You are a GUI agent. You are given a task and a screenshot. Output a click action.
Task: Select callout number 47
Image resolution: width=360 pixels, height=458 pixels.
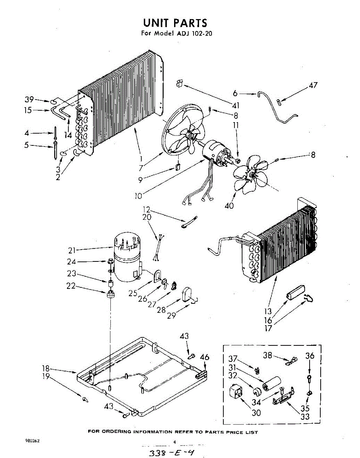click(313, 86)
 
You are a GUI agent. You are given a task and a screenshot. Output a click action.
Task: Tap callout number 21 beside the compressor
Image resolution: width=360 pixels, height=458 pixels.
click(73, 250)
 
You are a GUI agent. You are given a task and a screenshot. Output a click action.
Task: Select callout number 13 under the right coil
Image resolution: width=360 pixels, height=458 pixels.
click(268, 312)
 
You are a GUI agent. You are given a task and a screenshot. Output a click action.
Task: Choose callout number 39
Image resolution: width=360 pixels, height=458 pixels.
click(29, 100)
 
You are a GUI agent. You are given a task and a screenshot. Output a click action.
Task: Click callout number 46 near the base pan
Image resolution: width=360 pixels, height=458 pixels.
click(205, 357)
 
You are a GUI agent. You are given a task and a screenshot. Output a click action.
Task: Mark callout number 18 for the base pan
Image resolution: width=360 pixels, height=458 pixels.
click(46, 368)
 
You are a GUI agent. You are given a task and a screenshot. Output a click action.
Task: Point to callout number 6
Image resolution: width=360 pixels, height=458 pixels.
click(235, 93)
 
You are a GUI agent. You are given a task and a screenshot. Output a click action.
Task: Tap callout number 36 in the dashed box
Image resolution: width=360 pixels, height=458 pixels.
click(310, 356)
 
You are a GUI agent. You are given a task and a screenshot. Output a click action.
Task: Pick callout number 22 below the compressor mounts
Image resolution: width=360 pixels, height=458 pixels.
click(71, 286)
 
